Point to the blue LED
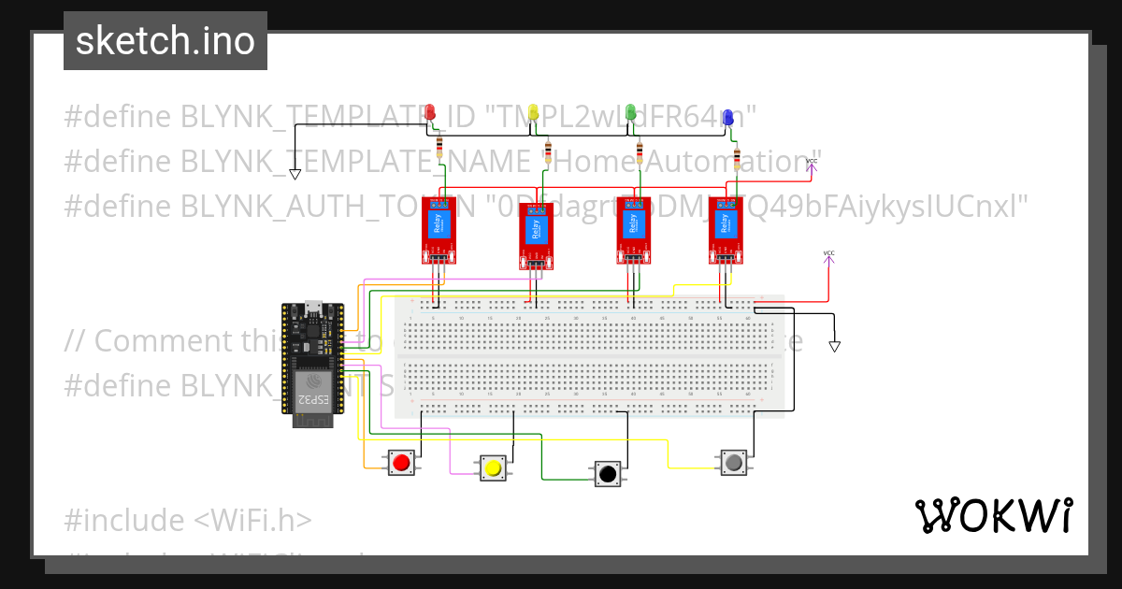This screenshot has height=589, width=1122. [x=727, y=116]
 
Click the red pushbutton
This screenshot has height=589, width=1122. [x=402, y=462]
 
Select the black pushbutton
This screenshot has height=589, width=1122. [x=607, y=473]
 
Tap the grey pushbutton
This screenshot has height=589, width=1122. [x=734, y=462]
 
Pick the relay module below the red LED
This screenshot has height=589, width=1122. [x=439, y=230]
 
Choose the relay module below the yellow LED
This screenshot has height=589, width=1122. [x=537, y=236]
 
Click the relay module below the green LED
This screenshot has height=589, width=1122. [x=633, y=230]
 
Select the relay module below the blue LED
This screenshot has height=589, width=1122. [x=725, y=230]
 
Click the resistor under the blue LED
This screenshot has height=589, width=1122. [x=737, y=155]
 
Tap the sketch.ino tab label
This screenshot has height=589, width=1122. [x=165, y=41]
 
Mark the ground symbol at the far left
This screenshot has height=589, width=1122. [x=295, y=174]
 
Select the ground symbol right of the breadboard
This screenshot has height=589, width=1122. [x=835, y=347]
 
